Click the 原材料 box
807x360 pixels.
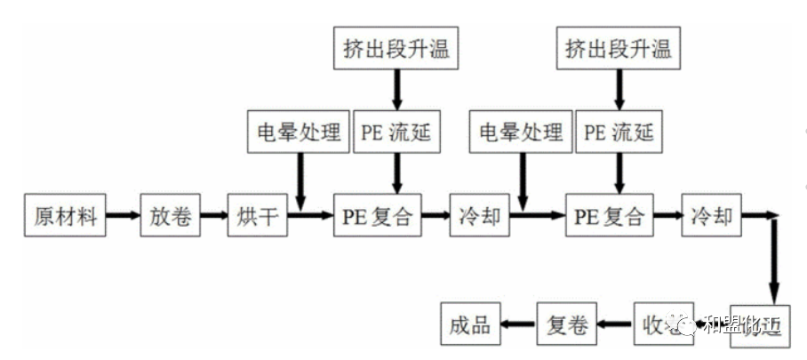pos(65,215)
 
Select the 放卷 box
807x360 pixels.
pos(169,215)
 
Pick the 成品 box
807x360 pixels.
pos(470,325)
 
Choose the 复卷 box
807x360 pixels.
pos(566,325)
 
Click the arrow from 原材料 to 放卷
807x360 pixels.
pos(123,215)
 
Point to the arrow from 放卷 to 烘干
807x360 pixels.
pos(212,215)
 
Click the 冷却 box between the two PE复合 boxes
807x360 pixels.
pos(480,215)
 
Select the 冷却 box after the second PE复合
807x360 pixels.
pos(711,215)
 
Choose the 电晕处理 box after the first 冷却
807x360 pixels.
pos(519,133)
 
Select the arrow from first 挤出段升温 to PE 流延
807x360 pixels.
pos(396,89)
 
